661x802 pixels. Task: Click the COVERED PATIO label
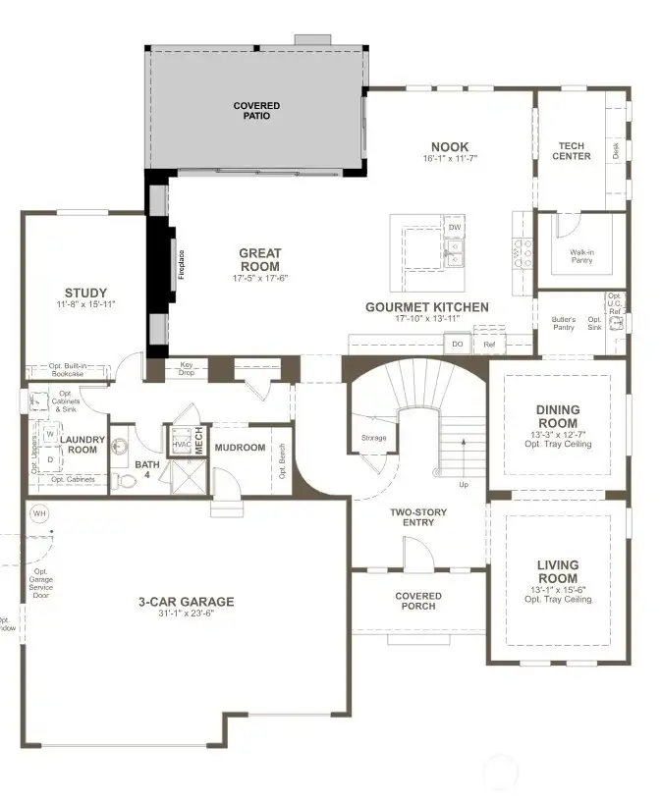(256, 111)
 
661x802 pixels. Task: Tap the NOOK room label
(450, 147)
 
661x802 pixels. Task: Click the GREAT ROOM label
(259, 259)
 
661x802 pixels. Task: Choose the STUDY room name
(85, 293)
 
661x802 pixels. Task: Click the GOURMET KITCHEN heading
(426, 307)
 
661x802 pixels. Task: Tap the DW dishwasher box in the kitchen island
(454, 228)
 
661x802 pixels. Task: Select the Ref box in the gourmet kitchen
(489, 345)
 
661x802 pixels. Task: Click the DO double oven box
(458, 345)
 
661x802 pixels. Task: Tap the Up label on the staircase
(464, 484)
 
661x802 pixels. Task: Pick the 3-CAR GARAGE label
(186, 602)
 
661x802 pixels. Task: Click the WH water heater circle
(39, 513)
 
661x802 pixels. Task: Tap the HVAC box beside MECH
(181, 444)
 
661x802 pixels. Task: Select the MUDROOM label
(240, 448)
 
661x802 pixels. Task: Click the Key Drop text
(187, 368)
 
